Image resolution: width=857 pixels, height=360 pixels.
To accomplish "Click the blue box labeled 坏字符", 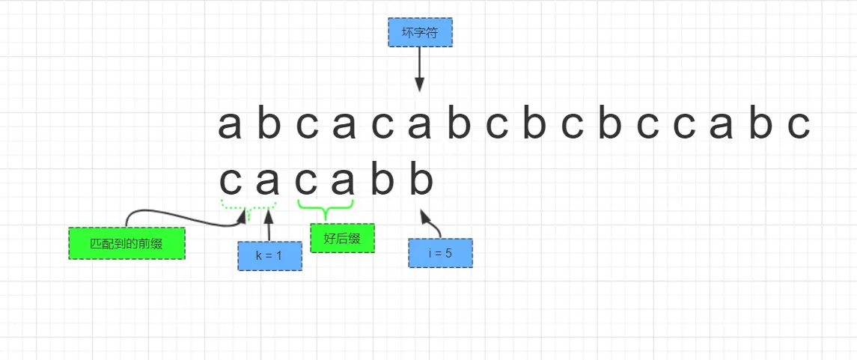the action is (x=420, y=33).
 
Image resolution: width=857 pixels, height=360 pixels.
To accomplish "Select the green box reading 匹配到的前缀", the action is (x=126, y=243).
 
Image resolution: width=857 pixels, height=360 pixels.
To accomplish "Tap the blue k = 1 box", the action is (x=269, y=255).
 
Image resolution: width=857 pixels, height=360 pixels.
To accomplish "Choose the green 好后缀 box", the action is (x=342, y=238).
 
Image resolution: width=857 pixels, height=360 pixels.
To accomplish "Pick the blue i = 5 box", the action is (x=440, y=253).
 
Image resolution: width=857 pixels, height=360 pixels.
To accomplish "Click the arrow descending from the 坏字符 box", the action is (x=419, y=69).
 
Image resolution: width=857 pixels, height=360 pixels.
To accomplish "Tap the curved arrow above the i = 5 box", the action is (x=432, y=223).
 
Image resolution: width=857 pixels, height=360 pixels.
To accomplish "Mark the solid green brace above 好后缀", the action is (x=326, y=205).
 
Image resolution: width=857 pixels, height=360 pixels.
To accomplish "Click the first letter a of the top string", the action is (x=230, y=126).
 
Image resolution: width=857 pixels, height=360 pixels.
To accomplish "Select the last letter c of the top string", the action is (x=799, y=126).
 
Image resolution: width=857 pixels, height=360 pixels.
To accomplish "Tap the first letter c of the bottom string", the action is (x=231, y=181).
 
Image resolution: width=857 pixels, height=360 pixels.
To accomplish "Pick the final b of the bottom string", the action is (x=421, y=181).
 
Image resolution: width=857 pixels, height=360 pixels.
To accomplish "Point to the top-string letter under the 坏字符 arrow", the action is (x=420, y=126).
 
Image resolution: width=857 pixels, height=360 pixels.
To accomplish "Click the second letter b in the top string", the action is (x=459, y=126).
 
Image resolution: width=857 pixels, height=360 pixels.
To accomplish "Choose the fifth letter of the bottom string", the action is (x=382, y=181).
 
